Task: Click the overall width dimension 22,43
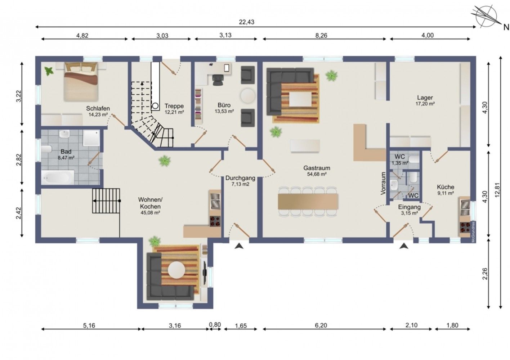(x=247, y=22)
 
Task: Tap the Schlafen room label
(x=98, y=108)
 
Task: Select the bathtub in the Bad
(x=58, y=177)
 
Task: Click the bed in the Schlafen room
(x=81, y=82)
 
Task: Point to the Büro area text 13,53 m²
(x=224, y=111)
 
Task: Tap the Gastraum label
(x=317, y=168)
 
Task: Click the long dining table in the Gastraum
(x=308, y=201)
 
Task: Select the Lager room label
(x=425, y=98)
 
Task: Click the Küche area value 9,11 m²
(x=446, y=193)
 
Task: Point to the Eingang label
(x=410, y=207)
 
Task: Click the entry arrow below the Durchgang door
(x=239, y=246)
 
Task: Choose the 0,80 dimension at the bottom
(x=215, y=325)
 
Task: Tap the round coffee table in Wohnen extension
(x=176, y=270)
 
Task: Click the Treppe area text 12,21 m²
(x=174, y=112)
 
